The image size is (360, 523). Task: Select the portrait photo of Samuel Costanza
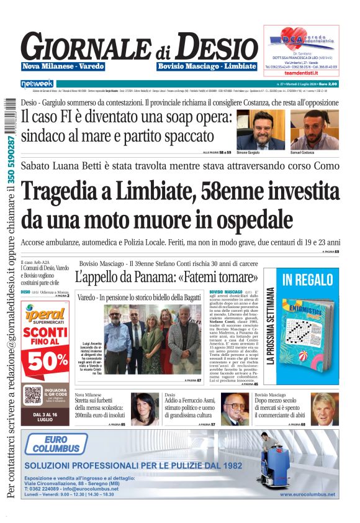309,129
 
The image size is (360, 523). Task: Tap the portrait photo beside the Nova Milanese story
144,409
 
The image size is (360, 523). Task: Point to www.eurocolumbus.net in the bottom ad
307,494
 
